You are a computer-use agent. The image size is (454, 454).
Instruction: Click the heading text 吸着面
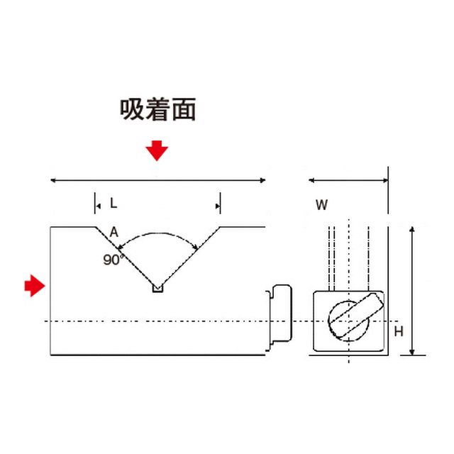click(157, 109)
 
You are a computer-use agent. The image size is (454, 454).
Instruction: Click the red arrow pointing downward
click(157, 150)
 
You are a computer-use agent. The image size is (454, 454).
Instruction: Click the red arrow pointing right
click(35, 286)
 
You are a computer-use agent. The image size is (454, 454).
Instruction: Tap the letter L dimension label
click(113, 204)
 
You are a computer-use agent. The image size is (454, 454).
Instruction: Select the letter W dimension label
click(321, 205)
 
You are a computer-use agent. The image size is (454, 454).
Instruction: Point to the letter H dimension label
click(399, 331)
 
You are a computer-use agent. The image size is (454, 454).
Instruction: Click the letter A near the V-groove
click(114, 232)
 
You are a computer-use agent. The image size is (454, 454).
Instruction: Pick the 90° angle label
click(113, 260)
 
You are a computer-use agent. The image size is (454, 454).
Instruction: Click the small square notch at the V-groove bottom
click(157, 289)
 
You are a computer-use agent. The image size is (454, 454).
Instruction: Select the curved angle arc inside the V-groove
click(157, 235)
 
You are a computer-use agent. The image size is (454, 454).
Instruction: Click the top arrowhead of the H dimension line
click(412, 230)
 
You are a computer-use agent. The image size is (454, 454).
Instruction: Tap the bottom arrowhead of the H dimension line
click(412, 352)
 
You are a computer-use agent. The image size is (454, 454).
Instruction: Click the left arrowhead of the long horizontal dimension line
click(53, 180)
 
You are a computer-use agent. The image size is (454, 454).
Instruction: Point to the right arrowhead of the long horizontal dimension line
click(262, 180)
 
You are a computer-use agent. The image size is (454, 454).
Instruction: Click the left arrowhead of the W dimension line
click(311, 180)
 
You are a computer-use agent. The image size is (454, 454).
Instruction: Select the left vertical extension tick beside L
click(94, 203)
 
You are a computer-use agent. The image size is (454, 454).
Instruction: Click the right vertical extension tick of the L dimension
click(221, 203)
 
